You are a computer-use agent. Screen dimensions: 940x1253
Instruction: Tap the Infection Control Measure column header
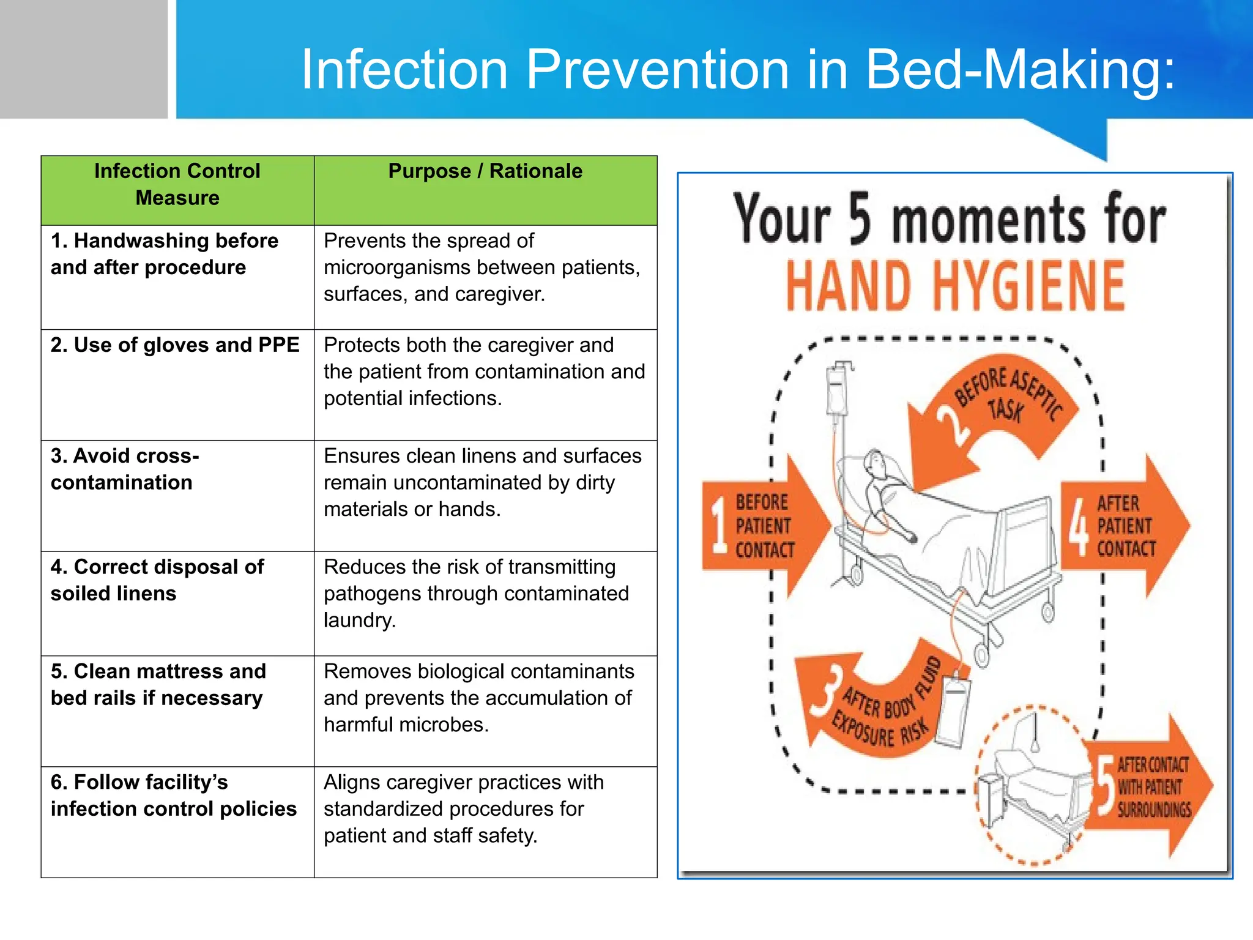(x=177, y=184)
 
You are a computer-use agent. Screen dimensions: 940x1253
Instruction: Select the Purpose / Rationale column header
(x=485, y=171)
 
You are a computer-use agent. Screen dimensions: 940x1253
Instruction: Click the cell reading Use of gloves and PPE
(x=176, y=345)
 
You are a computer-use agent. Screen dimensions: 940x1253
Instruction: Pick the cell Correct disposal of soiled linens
(x=157, y=580)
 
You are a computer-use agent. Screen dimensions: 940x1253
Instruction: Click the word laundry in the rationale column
(x=359, y=621)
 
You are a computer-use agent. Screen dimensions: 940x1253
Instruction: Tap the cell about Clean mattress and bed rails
(x=158, y=685)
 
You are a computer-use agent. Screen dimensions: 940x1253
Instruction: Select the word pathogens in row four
(x=367, y=594)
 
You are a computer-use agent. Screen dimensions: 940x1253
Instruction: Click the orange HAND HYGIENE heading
(x=955, y=286)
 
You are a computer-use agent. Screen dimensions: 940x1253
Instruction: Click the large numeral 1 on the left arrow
(x=719, y=525)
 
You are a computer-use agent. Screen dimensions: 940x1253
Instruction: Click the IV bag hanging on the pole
(x=836, y=392)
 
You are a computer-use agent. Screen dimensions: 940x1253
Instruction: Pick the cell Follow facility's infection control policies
(x=174, y=796)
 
